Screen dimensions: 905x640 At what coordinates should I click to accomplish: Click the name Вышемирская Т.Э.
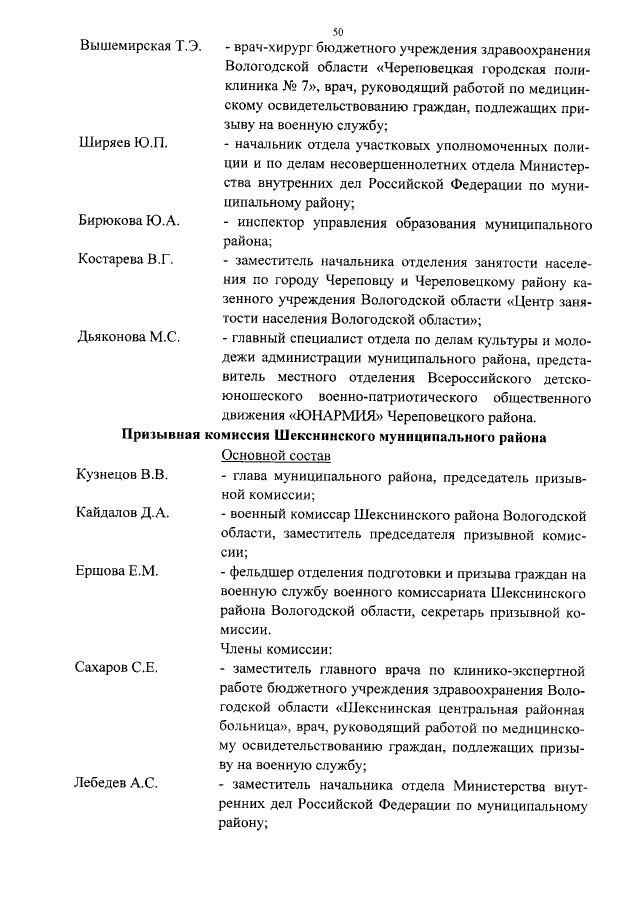139,49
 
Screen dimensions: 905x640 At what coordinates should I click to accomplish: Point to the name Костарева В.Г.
126,260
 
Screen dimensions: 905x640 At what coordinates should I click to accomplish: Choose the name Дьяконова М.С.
128,337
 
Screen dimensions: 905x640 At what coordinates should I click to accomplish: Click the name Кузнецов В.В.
123,473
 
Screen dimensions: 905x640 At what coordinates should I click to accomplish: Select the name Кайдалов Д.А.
123,513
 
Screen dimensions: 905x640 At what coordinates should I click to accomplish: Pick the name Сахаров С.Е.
118,668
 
